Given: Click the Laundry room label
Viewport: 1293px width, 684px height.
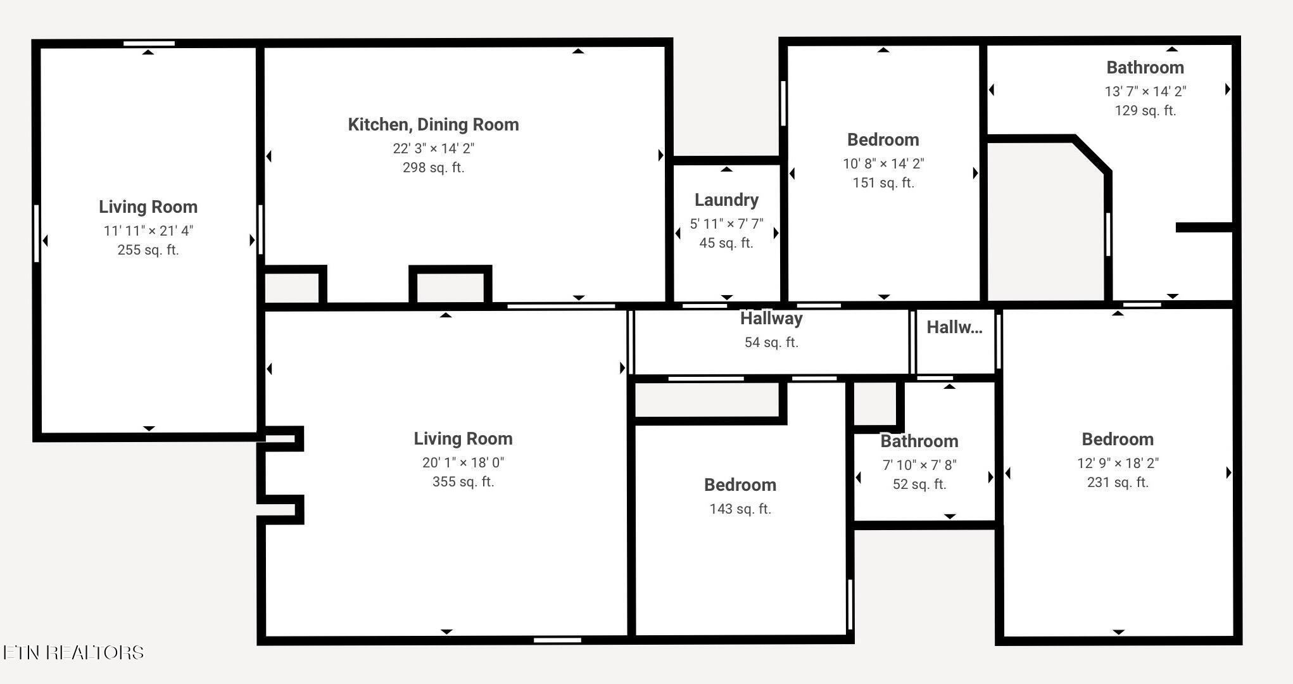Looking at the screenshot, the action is click(726, 200).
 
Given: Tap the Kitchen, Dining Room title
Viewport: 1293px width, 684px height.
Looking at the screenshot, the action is click(433, 125).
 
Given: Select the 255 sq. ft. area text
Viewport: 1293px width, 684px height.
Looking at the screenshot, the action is click(148, 250).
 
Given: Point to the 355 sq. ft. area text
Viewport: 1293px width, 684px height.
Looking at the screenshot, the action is click(463, 482).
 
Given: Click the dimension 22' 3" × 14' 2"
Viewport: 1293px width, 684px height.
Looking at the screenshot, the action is click(433, 148).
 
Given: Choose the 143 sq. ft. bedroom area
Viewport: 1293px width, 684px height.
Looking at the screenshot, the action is click(740, 509).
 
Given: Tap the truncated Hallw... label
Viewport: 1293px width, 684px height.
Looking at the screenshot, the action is click(954, 327).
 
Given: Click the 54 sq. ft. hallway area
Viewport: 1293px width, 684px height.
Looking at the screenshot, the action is click(771, 343).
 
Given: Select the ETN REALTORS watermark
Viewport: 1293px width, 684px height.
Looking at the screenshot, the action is click(73, 652).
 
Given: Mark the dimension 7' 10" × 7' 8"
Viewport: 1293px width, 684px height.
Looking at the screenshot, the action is click(919, 465).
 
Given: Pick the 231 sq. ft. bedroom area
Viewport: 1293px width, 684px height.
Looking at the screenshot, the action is click(1118, 483).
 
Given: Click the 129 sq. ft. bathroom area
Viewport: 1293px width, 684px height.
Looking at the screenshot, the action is click(1145, 111).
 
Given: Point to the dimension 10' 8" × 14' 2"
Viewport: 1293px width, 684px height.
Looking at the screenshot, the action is click(883, 163).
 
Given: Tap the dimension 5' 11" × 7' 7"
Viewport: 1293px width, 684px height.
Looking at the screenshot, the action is click(726, 224).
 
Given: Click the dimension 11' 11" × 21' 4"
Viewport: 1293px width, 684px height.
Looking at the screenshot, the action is click(148, 231).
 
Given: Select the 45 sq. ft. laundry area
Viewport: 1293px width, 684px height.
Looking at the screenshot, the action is click(726, 243).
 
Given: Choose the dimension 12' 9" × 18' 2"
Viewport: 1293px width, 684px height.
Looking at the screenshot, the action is click(1118, 463).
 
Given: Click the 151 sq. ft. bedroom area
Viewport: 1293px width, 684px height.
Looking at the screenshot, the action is click(883, 183).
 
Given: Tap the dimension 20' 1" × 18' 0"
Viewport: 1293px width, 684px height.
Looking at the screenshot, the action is click(463, 462).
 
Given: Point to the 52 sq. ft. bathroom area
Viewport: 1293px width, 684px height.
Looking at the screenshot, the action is click(919, 484).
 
